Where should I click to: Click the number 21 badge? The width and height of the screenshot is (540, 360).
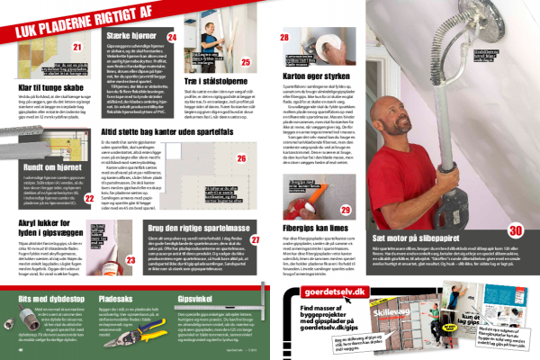(x=78, y=47)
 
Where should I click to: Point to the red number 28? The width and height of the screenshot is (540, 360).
(x=284, y=38)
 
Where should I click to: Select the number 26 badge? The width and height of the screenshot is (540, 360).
(x=241, y=159)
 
